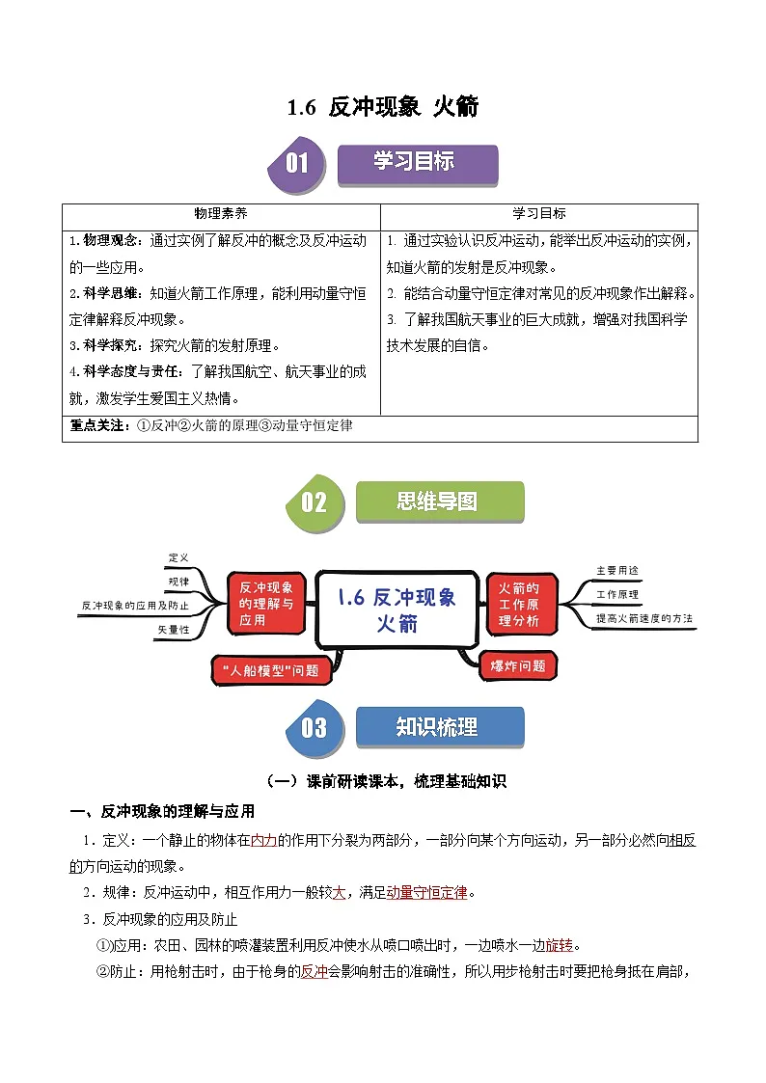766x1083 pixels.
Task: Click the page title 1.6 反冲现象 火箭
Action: coord(383,107)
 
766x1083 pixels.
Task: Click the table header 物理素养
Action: coord(221,214)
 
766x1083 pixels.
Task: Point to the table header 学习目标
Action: coord(538,214)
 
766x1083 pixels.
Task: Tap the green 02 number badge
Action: coord(314,502)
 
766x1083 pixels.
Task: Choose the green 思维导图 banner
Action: coord(440,501)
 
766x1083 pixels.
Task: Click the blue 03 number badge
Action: coord(314,728)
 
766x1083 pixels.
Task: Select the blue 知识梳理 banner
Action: coord(440,727)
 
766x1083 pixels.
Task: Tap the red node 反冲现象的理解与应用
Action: coord(266,604)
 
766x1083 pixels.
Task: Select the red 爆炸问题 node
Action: coord(519,665)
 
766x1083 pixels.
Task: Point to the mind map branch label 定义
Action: coord(178,558)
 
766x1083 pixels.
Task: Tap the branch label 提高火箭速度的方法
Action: coord(644,618)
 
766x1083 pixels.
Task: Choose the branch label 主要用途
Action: coord(617,570)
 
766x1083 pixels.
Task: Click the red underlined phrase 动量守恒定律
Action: coord(426,893)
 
